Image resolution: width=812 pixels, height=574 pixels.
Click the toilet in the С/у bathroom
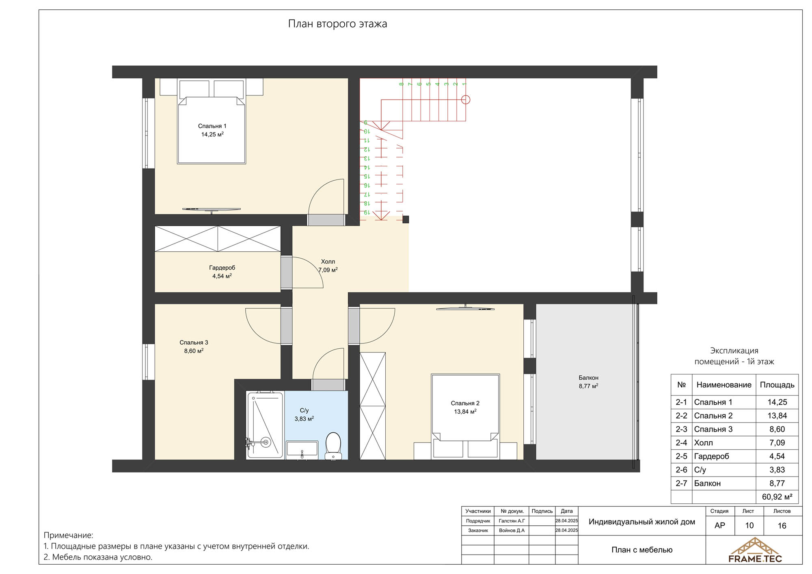coord(334,446)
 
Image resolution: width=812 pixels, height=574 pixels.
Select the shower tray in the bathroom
coord(265,425)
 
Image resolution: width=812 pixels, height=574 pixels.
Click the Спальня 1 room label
coord(212,126)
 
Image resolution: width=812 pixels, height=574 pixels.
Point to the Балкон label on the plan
coord(589,378)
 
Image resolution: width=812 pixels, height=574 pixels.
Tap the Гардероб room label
coord(222,268)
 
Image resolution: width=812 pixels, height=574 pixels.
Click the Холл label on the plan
coord(328,261)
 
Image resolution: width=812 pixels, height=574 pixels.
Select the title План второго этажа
coord(337,24)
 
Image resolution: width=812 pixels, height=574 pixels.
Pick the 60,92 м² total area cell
coord(777,497)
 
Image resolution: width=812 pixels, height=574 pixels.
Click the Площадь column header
coord(777,385)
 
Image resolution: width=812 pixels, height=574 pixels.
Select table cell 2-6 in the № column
coord(681,470)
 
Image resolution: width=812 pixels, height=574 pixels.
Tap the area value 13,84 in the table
coord(777,416)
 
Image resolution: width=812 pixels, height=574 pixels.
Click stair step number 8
coord(402,84)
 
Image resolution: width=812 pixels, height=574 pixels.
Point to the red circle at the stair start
coord(466,99)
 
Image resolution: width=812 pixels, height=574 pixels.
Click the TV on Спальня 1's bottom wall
coord(211,209)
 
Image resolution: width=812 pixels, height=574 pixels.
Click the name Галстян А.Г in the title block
coord(512,521)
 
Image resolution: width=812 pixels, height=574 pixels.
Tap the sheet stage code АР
coord(720,526)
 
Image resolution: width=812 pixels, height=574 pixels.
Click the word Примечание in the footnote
coord(68,535)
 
